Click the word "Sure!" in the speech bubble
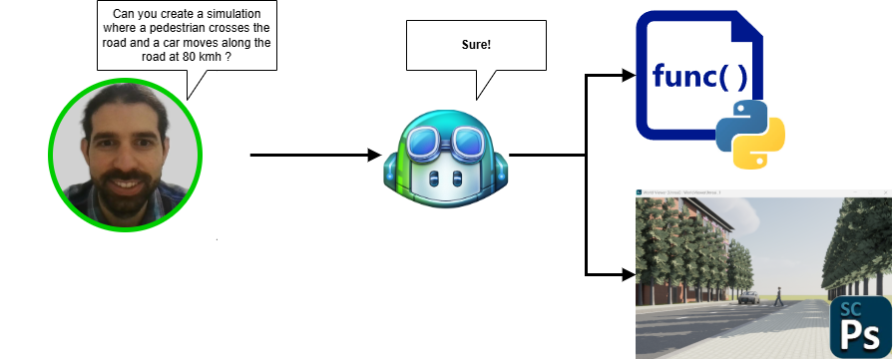(476, 46)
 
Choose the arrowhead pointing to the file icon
(628, 75)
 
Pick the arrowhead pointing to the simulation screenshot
(628, 273)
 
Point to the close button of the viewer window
(887, 189)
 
